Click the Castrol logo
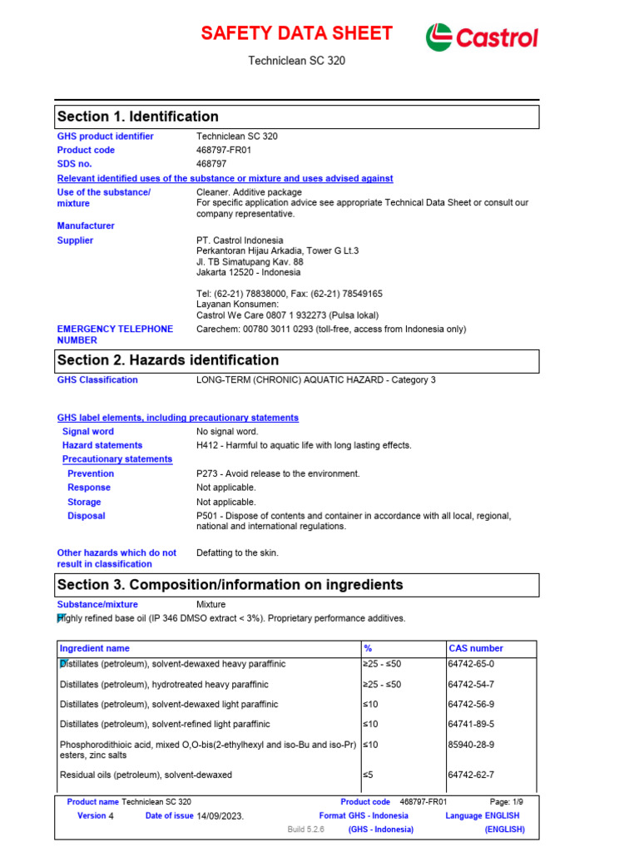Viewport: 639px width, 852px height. pyautogui.click(x=482, y=37)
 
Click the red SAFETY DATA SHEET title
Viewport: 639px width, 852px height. pyautogui.click(x=297, y=34)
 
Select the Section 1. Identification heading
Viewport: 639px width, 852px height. pyautogui.click(x=138, y=116)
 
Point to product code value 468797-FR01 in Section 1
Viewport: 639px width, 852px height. pyautogui.click(x=224, y=151)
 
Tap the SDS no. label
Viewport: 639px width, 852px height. pyautogui.click(x=75, y=164)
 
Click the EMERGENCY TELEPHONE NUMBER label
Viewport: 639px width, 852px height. pyautogui.click(x=115, y=334)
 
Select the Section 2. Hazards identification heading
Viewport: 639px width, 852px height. pyautogui.click(x=168, y=360)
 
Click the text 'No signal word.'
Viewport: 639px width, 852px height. pyautogui.click(x=227, y=432)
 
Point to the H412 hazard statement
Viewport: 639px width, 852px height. pyautogui.click(x=304, y=446)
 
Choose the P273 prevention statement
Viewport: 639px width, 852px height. pyautogui.click(x=278, y=473)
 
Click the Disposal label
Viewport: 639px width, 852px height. pyautogui.click(x=87, y=516)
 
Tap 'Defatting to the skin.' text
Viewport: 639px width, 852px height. pyautogui.click(x=237, y=552)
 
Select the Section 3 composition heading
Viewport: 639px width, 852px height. pyautogui.click(x=230, y=585)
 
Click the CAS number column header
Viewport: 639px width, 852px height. pyautogui.click(x=476, y=648)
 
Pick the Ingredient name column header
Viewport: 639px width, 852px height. pyautogui.click(x=95, y=648)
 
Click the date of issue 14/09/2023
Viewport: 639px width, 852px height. pyautogui.click(x=220, y=816)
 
